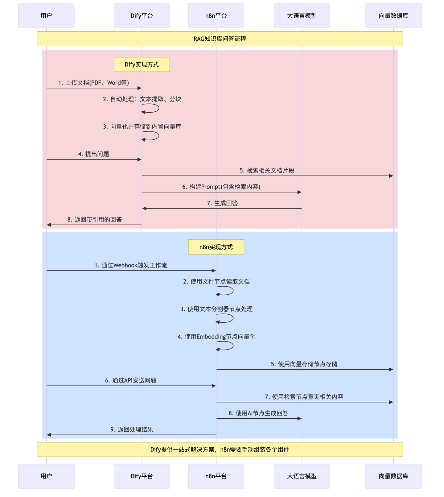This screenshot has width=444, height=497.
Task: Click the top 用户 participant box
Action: (x=46, y=16)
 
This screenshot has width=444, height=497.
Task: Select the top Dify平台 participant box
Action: (x=142, y=16)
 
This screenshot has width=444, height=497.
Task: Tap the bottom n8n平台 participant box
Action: (x=216, y=476)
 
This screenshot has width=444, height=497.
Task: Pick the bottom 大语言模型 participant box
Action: (x=302, y=476)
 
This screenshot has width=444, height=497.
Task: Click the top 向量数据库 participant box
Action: (x=393, y=16)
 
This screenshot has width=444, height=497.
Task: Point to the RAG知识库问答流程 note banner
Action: (x=220, y=39)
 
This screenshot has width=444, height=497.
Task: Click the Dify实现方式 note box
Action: (x=142, y=64)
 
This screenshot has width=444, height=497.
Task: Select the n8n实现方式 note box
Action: (x=216, y=247)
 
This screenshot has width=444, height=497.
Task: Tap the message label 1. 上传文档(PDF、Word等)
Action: (x=94, y=83)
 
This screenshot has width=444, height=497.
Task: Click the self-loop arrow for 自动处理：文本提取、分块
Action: (x=154, y=108)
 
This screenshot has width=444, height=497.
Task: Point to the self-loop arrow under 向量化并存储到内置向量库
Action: (x=154, y=136)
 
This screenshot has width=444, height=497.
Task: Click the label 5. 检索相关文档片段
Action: (x=267, y=171)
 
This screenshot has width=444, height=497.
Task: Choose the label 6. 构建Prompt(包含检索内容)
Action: (x=221, y=187)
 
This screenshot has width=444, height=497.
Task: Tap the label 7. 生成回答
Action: (x=222, y=203)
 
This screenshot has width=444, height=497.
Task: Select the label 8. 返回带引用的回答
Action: (x=95, y=220)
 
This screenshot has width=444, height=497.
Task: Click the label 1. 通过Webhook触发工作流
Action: (x=131, y=265)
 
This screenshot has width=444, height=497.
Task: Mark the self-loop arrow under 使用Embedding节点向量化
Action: (x=228, y=346)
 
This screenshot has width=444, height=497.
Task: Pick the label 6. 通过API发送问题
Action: (x=131, y=380)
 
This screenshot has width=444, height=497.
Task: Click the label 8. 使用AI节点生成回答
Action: (x=258, y=413)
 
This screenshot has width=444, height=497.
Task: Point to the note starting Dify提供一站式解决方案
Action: (x=220, y=449)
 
